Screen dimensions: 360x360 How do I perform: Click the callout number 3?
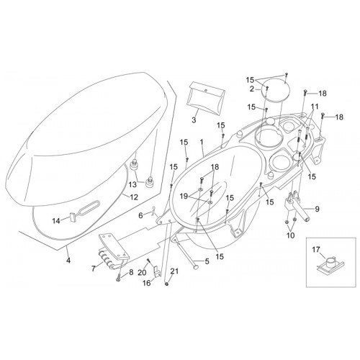(194, 120)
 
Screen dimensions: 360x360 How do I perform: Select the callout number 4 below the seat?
(68, 260)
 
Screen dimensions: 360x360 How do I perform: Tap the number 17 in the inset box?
(316, 250)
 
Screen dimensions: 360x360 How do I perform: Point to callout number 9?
(317, 209)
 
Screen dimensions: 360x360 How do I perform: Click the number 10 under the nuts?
(291, 235)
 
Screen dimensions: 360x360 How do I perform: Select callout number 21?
(174, 271)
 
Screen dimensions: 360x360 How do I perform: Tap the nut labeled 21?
(166, 284)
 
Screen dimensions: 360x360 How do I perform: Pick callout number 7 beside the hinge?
(94, 269)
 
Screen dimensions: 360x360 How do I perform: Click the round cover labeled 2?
(276, 91)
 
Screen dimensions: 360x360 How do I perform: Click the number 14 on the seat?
(56, 221)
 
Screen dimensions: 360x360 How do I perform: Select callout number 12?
(134, 197)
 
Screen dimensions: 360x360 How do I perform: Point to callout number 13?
(132, 184)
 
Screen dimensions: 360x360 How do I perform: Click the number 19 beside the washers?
(184, 197)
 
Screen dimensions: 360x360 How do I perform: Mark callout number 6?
(141, 215)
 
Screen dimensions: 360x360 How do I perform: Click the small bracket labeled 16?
(157, 272)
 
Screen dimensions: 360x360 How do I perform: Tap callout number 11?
(315, 107)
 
